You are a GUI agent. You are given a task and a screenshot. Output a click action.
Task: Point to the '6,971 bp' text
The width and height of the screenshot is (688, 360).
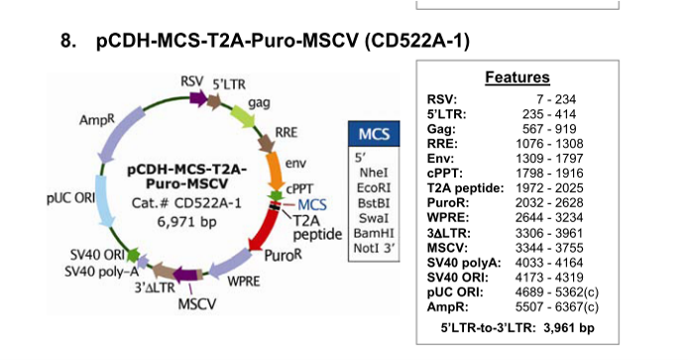tap(187, 221)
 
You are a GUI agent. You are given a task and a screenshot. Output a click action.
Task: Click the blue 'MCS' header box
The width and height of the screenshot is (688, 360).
tap(374, 134)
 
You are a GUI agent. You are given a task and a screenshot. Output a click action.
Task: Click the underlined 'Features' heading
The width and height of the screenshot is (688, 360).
tap(517, 77)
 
